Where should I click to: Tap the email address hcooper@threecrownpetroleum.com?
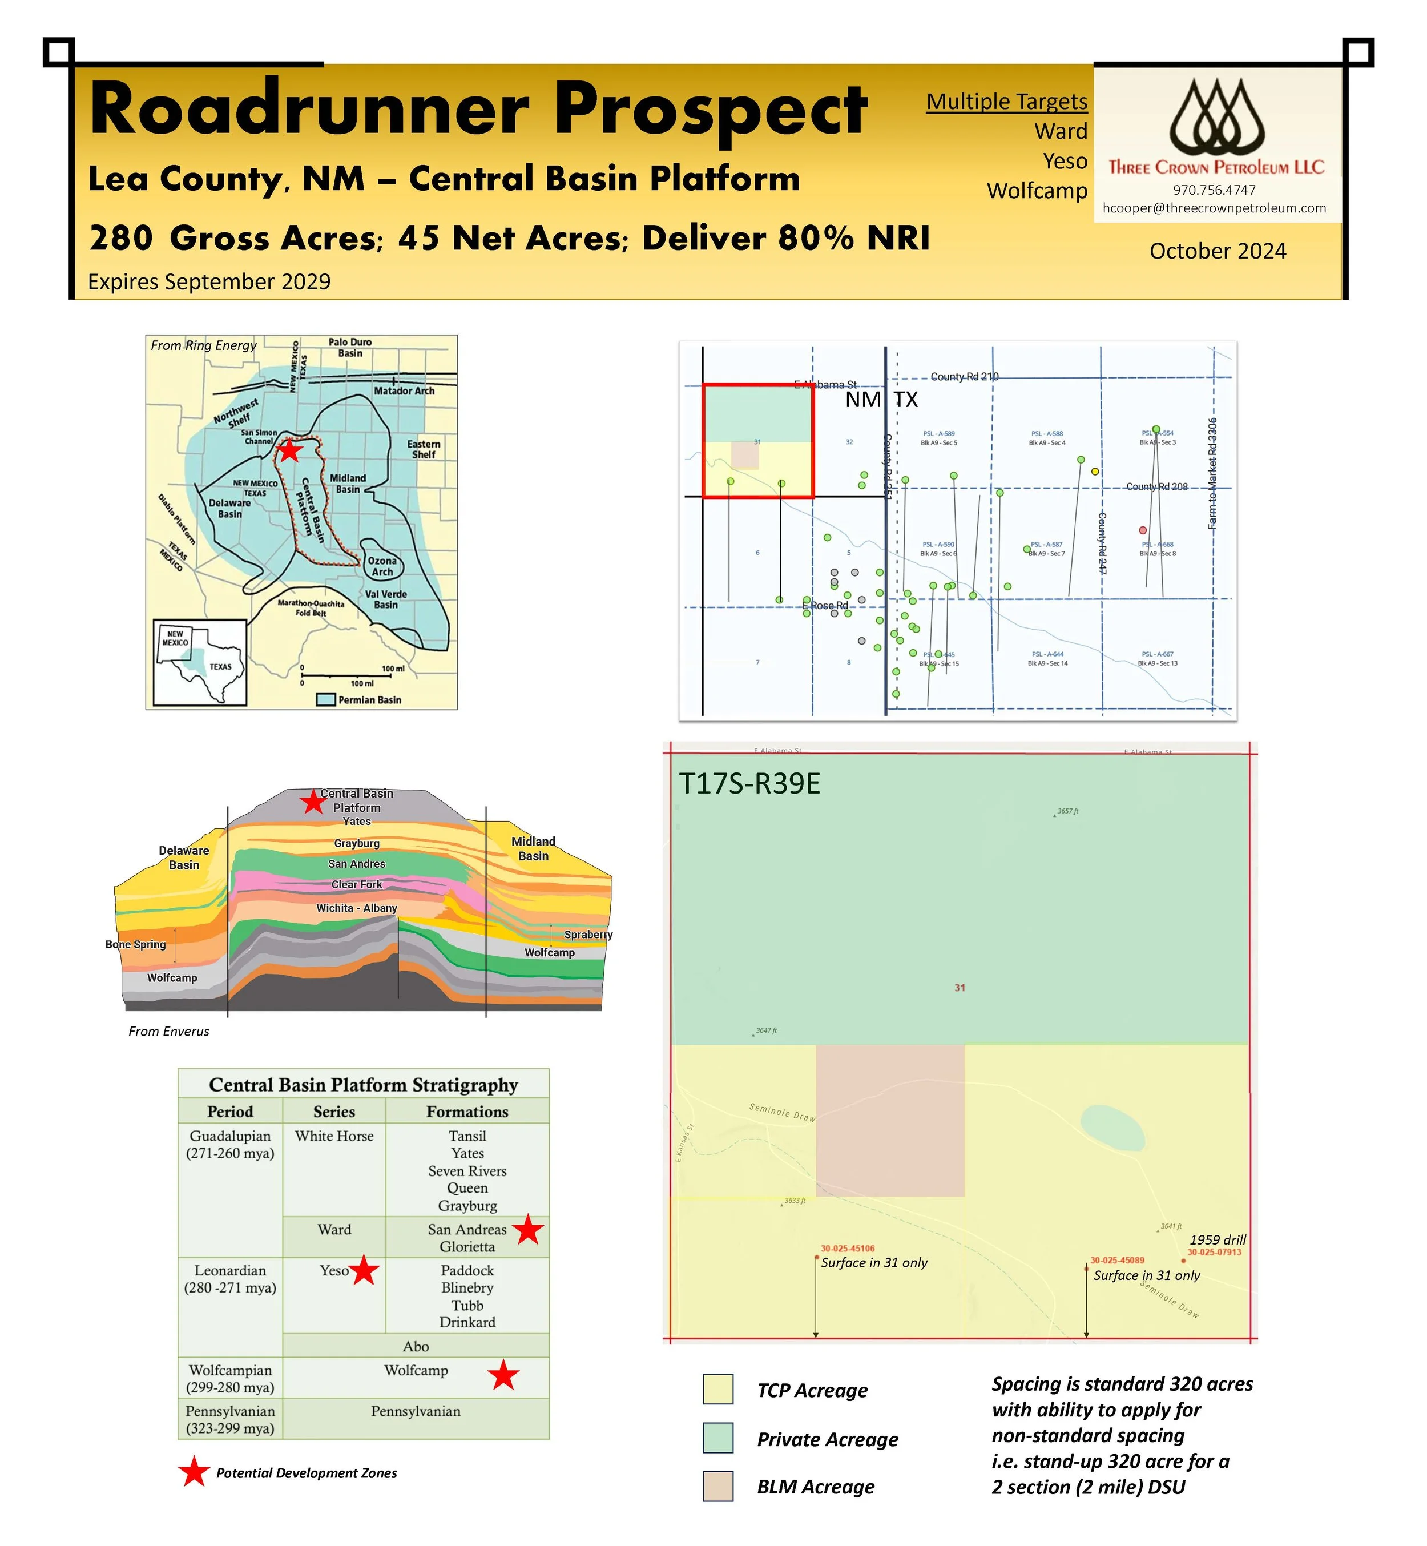point(1214,208)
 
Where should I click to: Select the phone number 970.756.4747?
point(1214,190)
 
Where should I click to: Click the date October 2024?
point(1217,251)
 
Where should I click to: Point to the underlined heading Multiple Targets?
point(1006,102)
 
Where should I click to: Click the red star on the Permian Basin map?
point(289,450)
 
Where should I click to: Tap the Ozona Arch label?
point(382,566)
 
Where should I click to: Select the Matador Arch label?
point(404,390)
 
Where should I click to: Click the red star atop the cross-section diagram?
point(313,802)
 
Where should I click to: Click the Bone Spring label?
point(136,944)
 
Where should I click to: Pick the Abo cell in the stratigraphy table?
point(416,1346)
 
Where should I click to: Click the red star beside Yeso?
point(365,1270)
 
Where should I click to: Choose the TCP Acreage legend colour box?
point(717,1388)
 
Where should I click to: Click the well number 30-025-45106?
point(847,1248)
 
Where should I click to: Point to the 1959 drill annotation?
point(1217,1239)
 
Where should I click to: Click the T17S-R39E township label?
point(749,784)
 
